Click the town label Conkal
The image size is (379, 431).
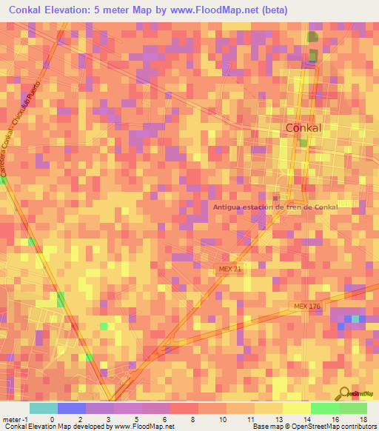(303, 128)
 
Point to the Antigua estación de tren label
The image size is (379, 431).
(275, 207)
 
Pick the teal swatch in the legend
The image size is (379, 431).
(43, 408)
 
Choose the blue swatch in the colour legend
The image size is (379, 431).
(71, 408)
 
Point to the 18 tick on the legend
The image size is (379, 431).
(363, 398)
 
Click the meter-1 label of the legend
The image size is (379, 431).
(16, 398)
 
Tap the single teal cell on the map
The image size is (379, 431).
(356, 318)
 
